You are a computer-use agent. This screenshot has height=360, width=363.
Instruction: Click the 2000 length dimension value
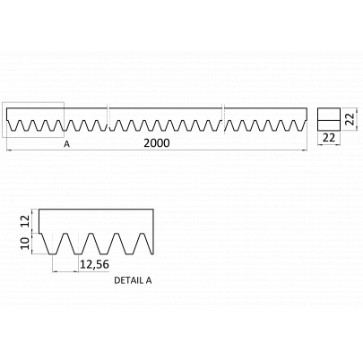[157, 143]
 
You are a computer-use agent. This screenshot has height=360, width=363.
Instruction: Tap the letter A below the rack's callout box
[66, 144]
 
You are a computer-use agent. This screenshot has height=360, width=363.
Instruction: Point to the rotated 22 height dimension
[351, 119]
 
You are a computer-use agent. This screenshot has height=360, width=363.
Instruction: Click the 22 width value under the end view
[329, 138]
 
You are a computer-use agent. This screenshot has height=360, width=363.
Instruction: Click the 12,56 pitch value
[94, 264]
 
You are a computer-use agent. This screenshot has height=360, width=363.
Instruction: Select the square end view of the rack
[329, 119]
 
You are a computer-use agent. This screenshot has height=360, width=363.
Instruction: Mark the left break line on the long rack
[108, 119]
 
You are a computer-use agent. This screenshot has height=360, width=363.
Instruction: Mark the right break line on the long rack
[223, 119]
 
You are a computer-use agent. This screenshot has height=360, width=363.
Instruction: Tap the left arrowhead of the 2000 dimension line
[8, 151]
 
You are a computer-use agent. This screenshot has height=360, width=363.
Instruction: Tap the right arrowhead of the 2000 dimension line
[305, 151]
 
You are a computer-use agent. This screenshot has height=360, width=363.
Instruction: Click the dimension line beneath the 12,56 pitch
[65, 271]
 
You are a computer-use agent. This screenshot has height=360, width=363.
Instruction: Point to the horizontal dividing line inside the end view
[329, 120]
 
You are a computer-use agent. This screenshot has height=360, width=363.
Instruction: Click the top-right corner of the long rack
[307, 108]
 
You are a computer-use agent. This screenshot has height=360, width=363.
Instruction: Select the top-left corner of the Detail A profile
[39, 210]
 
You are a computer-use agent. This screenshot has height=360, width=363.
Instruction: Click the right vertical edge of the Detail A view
[153, 232]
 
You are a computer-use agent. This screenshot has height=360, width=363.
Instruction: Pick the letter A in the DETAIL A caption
[149, 280]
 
